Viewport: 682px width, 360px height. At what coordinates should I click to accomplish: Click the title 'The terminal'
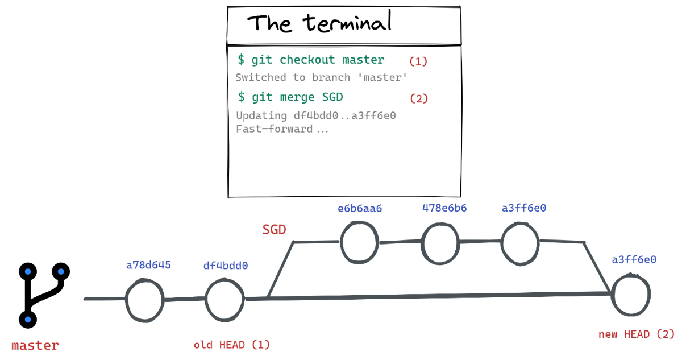click(319, 22)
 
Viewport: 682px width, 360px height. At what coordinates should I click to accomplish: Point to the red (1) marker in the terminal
click(418, 61)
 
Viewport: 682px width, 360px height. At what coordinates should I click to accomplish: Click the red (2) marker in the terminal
click(419, 99)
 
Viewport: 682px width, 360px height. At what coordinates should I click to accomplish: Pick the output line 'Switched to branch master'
click(321, 77)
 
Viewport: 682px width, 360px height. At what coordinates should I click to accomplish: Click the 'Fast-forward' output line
click(282, 129)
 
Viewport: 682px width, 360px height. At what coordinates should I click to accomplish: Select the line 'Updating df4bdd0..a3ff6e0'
click(316, 116)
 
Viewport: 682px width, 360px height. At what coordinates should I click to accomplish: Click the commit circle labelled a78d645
click(127, 300)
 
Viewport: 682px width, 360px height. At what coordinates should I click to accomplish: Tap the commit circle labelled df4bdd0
click(206, 300)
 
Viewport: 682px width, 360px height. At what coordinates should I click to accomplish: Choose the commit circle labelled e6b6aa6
click(342, 242)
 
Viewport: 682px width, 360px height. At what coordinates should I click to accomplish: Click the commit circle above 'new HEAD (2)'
click(613, 295)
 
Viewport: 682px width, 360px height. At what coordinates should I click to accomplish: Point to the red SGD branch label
click(274, 230)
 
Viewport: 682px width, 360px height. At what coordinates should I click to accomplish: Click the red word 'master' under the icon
click(35, 346)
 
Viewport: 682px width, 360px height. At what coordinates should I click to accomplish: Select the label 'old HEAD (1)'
click(232, 345)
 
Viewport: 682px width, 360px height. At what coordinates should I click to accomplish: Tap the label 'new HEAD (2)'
click(637, 334)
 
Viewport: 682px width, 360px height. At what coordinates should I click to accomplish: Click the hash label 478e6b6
click(444, 208)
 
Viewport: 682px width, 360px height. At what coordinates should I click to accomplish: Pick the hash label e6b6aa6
click(360, 209)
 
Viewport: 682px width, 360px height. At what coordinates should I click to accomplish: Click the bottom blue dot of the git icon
click(28, 320)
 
